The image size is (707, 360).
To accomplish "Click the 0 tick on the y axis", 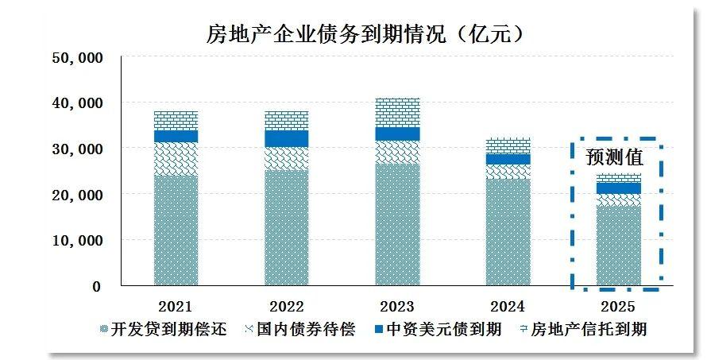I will pos(96,286).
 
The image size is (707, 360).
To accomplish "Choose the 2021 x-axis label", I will pos(176,306).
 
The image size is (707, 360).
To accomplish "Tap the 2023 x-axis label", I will pos(397,306).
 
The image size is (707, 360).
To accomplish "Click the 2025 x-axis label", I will pos(619,306).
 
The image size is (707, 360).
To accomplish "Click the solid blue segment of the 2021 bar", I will pos(176,136).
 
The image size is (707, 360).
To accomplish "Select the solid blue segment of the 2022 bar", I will pos(286,138).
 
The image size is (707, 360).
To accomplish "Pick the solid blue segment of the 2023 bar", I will pos(397,134).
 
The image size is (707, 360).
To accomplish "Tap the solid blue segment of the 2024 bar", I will pos(508,159).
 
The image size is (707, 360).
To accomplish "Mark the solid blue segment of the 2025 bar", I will pos(619,188).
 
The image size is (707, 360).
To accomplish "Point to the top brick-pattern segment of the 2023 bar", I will pos(397,112).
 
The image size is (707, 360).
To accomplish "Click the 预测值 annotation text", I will pos(614,157).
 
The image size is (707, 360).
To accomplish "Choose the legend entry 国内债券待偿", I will pos(298,329).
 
